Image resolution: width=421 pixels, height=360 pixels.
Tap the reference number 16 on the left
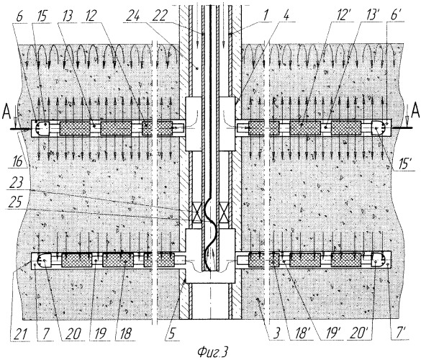17,161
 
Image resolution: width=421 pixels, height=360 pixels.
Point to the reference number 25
15,202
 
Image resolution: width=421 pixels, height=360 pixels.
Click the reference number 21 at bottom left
18,334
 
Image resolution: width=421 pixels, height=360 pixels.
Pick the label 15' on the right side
404,163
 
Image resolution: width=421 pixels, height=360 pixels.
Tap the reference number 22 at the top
160,17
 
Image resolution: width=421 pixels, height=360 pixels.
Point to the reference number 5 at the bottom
172,334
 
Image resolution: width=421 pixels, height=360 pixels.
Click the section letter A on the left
6,112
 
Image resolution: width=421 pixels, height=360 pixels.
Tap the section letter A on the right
415,111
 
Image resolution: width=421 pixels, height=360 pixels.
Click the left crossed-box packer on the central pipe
197,213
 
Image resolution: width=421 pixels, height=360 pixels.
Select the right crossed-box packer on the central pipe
223,213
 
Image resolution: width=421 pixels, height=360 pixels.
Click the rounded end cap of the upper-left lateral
42,128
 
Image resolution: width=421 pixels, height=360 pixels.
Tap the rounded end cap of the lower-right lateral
379,260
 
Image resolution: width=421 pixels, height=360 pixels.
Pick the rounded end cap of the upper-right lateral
379,128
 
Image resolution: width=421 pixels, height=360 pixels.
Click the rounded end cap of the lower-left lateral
42,260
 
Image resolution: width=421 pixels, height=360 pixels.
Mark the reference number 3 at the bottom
277,334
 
